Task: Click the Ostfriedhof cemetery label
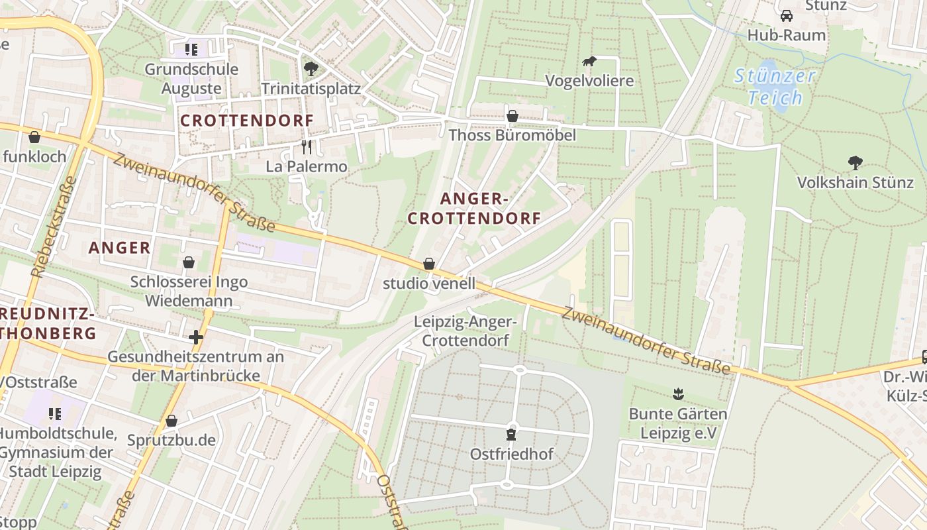pyautogui.click(x=511, y=454)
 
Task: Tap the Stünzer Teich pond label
pyautogui.click(x=775, y=86)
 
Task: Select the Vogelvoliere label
pyautogui.click(x=589, y=81)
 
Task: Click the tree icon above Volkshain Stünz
pyautogui.click(x=855, y=162)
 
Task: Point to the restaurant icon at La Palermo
pyautogui.click(x=306, y=146)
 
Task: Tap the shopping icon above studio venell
pyautogui.click(x=429, y=264)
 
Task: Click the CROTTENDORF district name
pyautogui.click(x=247, y=121)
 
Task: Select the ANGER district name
pyautogui.click(x=120, y=248)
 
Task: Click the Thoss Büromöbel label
pyautogui.click(x=512, y=135)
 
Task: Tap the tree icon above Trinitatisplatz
pyautogui.click(x=310, y=68)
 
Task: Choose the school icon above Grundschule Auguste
pyautogui.click(x=191, y=49)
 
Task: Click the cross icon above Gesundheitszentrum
pyautogui.click(x=195, y=337)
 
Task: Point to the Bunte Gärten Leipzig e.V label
pyautogui.click(x=677, y=423)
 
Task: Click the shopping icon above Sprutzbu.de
pyautogui.click(x=171, y=421)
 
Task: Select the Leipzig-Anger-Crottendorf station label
pyautogui.click(x=465, y=331)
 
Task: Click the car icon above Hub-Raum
pyautogui.click(x=786, y=15)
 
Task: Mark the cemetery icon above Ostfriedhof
pyautogui.click(x=511, y=435)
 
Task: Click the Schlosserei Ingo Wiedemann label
pyautogui.click(x=189, y=291)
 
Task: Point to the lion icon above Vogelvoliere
pyautogui.click(x=589, y=62)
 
